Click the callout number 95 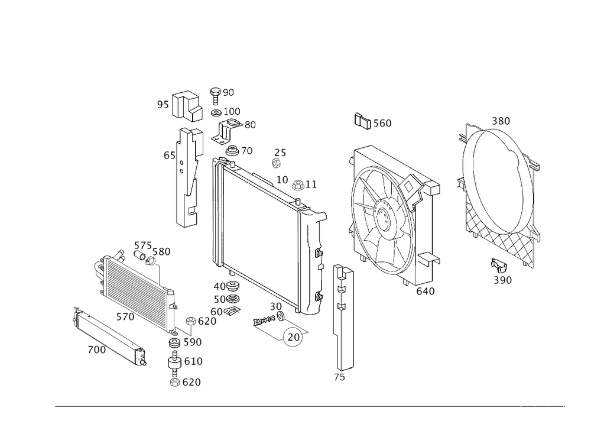[x=163, y=105]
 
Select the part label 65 [x=170, y=156]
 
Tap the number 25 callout [x=281, y=153]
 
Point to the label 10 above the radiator [x=282, y=178]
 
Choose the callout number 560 [x=382, y=123]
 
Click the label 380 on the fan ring [x=501, y=121]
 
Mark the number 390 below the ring [x=502, y=280]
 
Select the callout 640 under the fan [x=426, y=291]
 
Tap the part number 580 [x=161, y=252]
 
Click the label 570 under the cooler [x=125, y=318]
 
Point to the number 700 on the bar [x=96, y=349]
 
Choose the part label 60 [x=216, y=310]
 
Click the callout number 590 [x=193, y=342]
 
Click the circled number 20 [x=294, y=336]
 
